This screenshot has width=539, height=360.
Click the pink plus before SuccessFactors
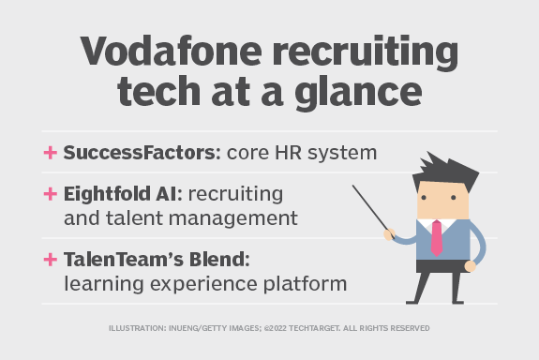pyautogui.click(x=50, y=153)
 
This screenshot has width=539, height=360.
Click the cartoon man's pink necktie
pyautogui.click(x=437, y=235)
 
